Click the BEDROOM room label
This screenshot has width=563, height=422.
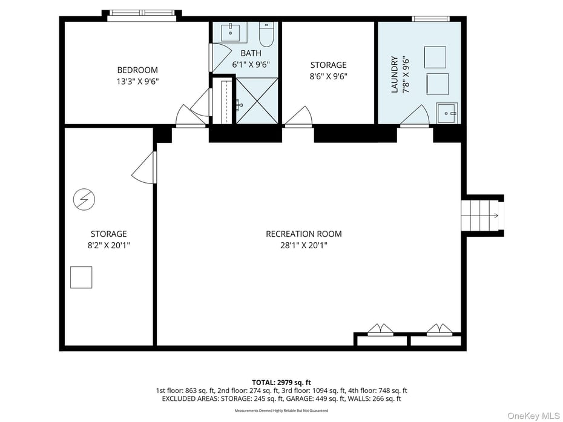click(137, 70)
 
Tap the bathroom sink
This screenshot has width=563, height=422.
click(230, 32)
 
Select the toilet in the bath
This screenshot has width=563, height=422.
click(266, 35)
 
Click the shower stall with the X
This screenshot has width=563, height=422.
click(257, 101)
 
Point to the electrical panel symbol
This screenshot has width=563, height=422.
click(84, 199)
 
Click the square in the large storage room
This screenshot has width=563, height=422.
click(81, 277)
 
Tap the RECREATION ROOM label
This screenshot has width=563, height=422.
click(304, 234)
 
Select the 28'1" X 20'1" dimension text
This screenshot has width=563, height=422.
click(304, 246)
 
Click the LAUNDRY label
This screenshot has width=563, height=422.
click(395, 74)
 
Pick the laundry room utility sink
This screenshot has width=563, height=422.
click(447, 113)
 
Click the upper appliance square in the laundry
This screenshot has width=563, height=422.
click(435, 57)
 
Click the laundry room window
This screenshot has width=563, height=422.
click(430, 19)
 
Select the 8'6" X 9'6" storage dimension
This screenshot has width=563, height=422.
click(329, 76)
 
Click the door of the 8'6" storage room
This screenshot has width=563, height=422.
click(298, 117)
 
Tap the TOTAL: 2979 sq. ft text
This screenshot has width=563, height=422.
click(281, 382)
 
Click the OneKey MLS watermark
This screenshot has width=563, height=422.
click(533, 416)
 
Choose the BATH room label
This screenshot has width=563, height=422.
click(251, 53)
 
